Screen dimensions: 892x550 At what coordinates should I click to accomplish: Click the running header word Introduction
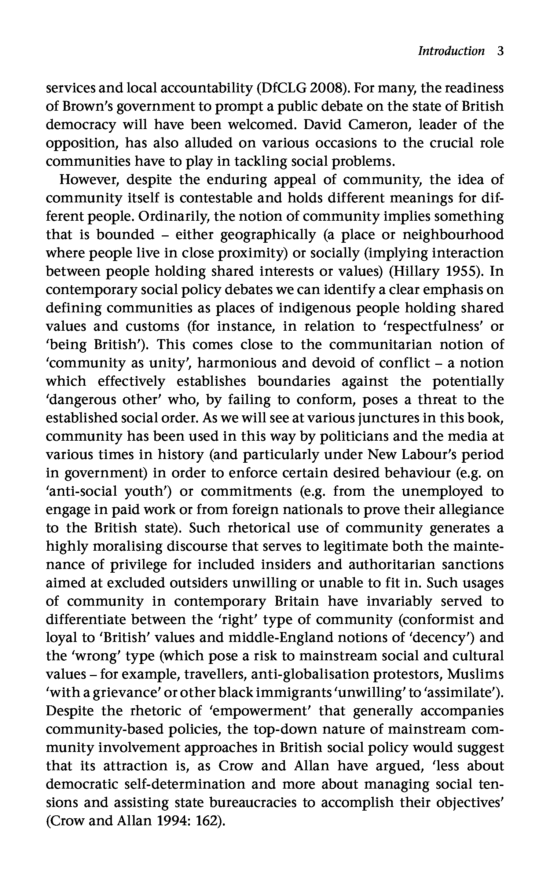point(451,51)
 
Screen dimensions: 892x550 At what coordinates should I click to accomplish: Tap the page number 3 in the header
point(500,51)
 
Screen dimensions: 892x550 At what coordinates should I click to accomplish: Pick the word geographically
point(268,235)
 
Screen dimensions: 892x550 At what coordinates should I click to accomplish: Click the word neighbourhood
point(453,235)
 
